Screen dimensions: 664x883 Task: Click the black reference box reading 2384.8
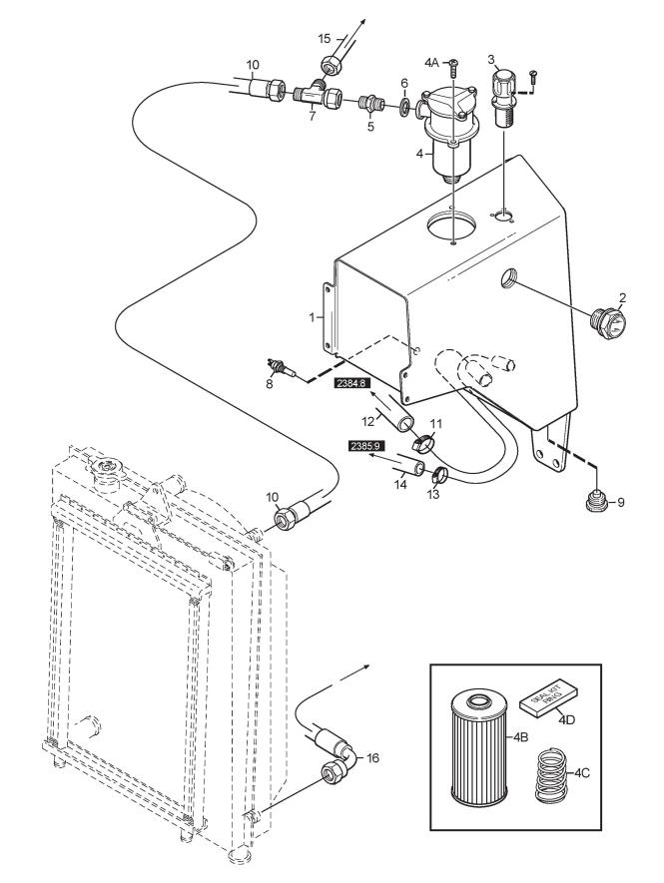point(351,383)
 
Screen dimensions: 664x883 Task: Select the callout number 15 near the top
point(325,38)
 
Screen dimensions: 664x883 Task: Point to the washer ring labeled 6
point(404,106)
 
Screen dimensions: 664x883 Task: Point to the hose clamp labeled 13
point(440,476)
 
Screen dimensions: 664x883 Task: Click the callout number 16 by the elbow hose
point(372,758)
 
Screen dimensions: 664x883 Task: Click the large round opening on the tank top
point(451,226)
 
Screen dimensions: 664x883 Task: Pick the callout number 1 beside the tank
point(312,317)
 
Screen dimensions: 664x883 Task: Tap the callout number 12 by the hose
point(368,421)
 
